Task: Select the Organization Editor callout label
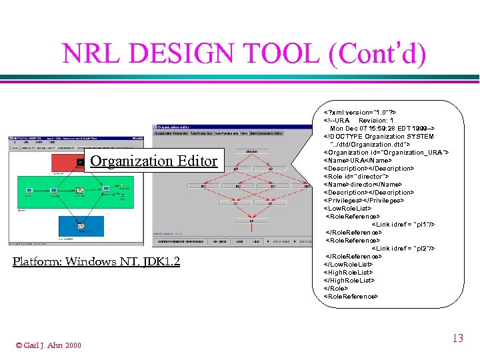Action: click(153, 161)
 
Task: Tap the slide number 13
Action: click(457, 339)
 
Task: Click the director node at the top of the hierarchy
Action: click(252, 152)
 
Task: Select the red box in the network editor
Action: click(66, 162)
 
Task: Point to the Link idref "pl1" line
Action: click(403, 224)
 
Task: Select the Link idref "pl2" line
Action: click(403, 248)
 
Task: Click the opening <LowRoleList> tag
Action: click(347, 208)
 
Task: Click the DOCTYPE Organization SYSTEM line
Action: click(378, 136)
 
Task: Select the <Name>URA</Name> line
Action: click(357, 160)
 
